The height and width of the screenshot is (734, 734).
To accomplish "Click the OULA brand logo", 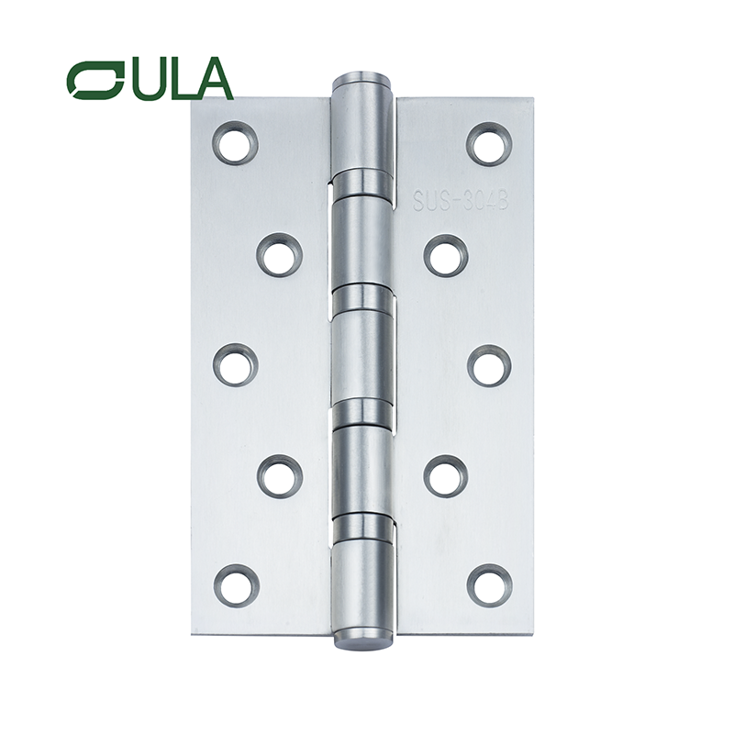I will (x=150, y=80).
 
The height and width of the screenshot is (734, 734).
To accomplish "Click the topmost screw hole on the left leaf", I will (x=236, y=143).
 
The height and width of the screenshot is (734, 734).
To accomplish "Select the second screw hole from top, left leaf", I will (x=279, y=255).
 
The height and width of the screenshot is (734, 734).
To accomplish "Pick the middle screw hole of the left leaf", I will (x=236, y=364).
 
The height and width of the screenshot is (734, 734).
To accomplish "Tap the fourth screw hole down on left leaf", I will (x=279, y=475).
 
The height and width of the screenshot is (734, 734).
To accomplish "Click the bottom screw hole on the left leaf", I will (x=236, y=585).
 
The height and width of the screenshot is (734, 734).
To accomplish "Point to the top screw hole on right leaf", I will (x=489, y=143).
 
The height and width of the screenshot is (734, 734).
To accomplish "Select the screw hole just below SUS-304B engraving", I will (x=446, y=255).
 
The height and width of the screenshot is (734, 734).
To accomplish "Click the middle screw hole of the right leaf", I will (x=489, y=364).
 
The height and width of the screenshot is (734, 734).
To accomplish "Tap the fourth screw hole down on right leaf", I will (x=446, y=475).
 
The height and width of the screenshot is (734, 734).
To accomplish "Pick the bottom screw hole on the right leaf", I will (x=489, y=585).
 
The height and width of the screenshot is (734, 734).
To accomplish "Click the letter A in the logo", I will (x=213, y=80).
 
